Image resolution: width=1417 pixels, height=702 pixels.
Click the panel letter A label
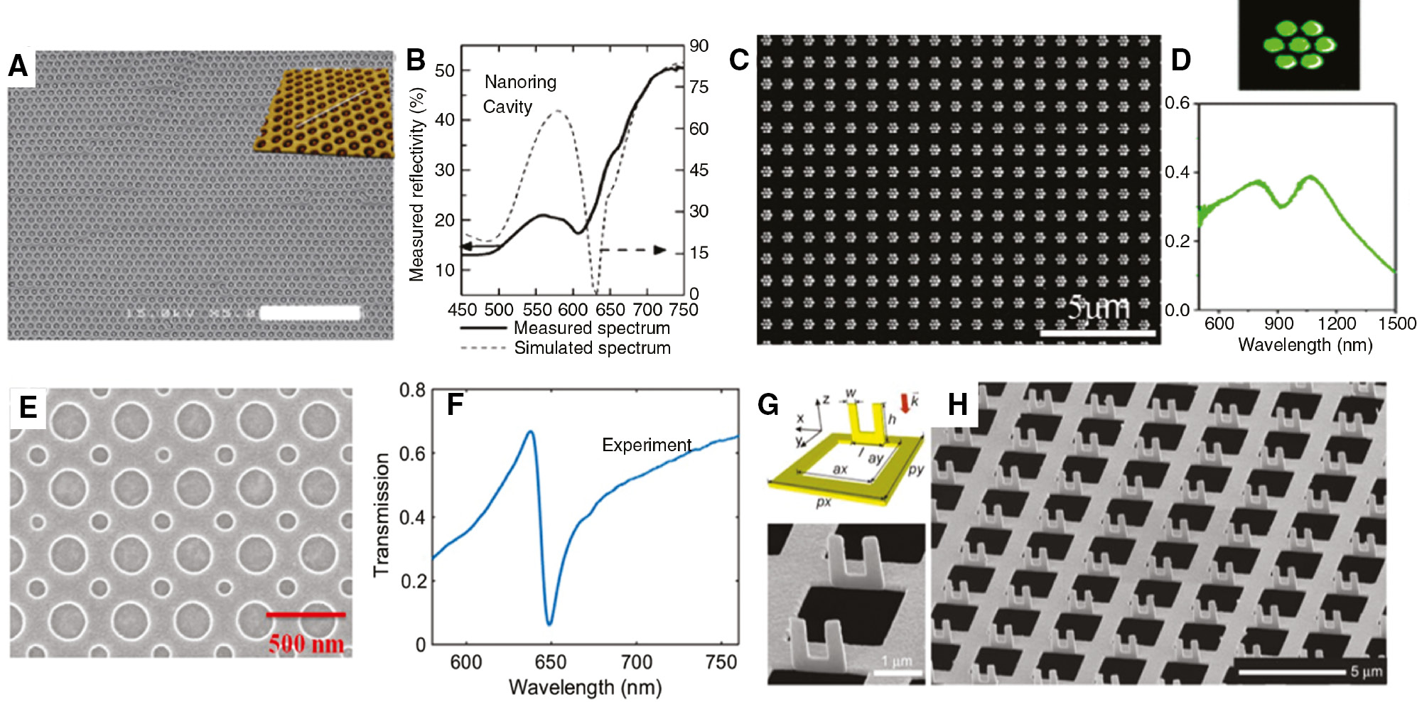tap(18, 67)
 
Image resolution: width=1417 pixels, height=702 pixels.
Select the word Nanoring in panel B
tap(520, 82)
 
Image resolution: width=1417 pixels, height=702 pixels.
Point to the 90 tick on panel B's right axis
tap(699, 46)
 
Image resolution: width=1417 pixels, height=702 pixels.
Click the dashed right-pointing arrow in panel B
tap(632, 250)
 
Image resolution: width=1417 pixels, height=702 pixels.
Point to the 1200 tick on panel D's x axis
tap(1337, 324)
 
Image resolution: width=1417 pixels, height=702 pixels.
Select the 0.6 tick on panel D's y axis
tap(1177, 104)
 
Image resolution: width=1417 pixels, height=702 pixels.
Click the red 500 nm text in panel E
tap(306, 644)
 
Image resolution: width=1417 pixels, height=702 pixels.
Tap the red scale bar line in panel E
tap(306, 615)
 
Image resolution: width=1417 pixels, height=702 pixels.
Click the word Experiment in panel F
tap(647, 445)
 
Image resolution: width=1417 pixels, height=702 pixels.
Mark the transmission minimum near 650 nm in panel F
tap(549, 623)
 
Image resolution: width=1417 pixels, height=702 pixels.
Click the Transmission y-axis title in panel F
tap(382, 514)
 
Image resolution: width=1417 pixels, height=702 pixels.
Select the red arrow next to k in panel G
tap(904, 404)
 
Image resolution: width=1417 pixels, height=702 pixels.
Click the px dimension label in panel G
tap(823, 502)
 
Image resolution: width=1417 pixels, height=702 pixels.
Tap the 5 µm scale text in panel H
tap(1366, 671)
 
